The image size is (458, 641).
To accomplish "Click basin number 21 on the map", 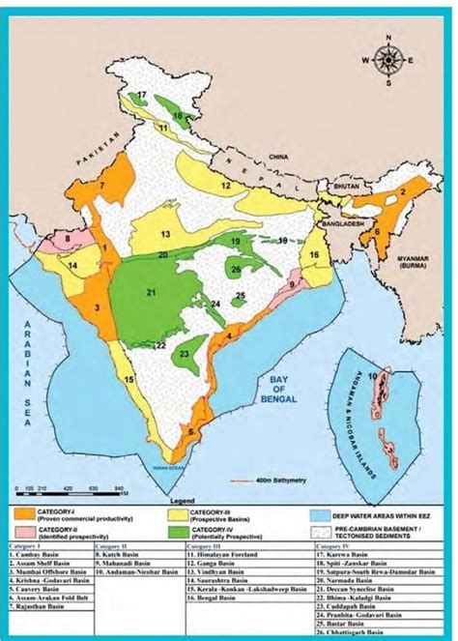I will [150, 292].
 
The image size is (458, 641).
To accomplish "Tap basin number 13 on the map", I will [165, 234].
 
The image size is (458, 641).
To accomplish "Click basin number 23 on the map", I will [185, 356].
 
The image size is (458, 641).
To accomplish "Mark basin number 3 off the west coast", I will [98, 308].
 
